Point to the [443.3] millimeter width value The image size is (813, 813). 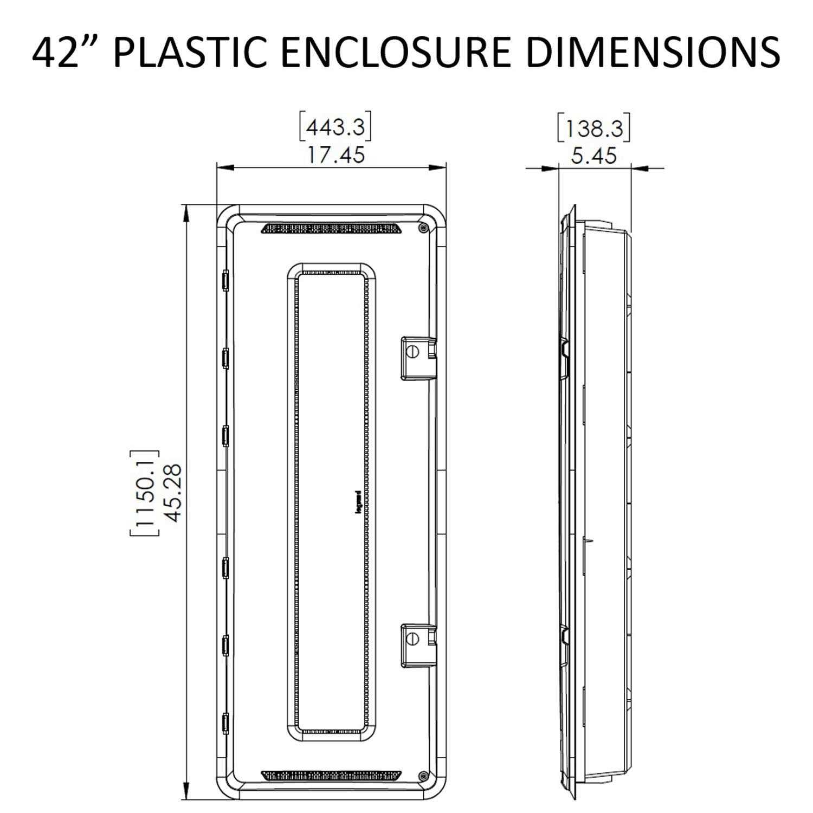pos(335,128)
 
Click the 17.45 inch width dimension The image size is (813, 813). pos(337,156)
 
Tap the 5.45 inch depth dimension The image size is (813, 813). pos(594,156)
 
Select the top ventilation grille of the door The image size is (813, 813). pos(331,228)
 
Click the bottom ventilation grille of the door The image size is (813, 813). pos(331,775)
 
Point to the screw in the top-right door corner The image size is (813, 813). pos(423,228)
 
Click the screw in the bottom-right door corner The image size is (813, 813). pos(423,777)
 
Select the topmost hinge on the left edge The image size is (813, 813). pos(225,280)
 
